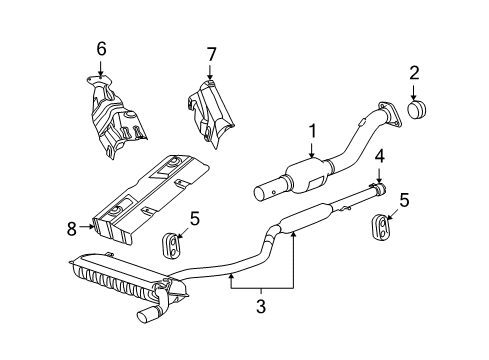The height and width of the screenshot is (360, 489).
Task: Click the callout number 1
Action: [x=312, y=130]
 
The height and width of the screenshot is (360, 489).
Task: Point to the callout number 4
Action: [x=379, y=156]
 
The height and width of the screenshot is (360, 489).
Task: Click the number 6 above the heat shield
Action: [x=101, y=47]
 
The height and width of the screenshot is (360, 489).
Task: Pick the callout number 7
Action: [x=210, y=52]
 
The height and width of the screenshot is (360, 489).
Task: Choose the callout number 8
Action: [x=71, y=227]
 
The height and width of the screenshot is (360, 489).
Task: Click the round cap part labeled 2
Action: [x=417, y=109]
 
